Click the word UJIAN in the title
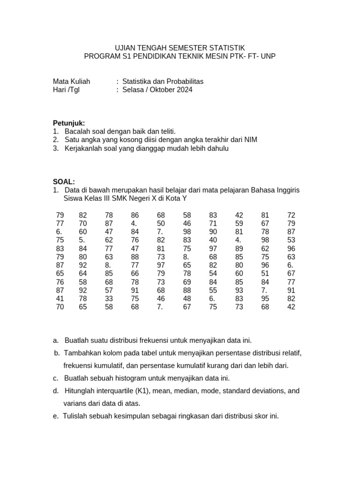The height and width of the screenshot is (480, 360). pos(126,48)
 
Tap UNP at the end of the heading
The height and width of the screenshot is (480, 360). pos(268,56)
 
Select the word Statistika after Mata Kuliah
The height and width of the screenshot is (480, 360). pos(139,81)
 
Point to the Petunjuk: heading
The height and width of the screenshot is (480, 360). pos(69,123)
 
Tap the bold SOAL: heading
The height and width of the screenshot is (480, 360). pos(64,182)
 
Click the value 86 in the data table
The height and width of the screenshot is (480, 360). pos(135,215)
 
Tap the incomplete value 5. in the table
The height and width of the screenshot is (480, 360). pos(82,240)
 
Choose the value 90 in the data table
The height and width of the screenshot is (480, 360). pos(213,232)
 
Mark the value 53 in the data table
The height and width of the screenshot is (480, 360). pos(291,240)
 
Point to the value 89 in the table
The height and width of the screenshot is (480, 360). pos(239,248)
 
